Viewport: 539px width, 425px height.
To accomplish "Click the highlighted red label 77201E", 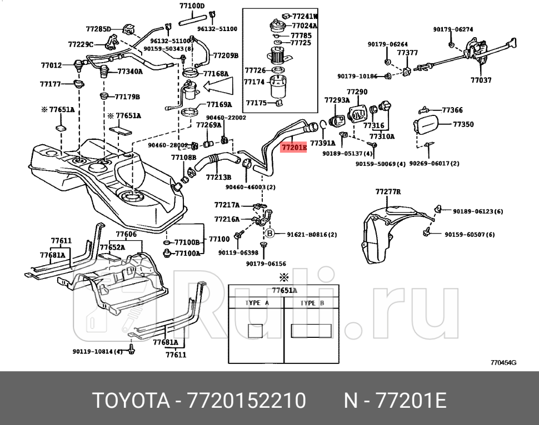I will (293, 148).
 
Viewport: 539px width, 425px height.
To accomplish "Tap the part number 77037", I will (481, 80).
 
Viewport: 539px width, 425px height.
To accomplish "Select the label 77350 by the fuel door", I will (463, 124).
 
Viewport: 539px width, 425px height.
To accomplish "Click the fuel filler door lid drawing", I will (430, 127).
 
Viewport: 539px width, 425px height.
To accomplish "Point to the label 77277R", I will (388, 192).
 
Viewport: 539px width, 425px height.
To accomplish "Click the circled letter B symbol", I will (271, 234).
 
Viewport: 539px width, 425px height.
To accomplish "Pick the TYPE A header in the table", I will (257, 303).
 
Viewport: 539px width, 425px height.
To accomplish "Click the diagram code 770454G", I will (503, 363).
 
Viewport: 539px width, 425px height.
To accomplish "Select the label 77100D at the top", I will (192, 6).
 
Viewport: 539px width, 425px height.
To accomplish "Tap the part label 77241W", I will (305, 17).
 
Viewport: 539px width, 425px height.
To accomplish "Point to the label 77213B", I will (218, 178).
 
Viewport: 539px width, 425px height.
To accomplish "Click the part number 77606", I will (126, 235).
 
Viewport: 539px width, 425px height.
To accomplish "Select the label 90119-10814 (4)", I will (98, 351).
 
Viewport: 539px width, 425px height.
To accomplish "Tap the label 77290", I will (357, 92).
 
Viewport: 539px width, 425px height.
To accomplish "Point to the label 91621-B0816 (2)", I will (312, 235).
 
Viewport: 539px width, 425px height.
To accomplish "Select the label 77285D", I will (98, 28).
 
